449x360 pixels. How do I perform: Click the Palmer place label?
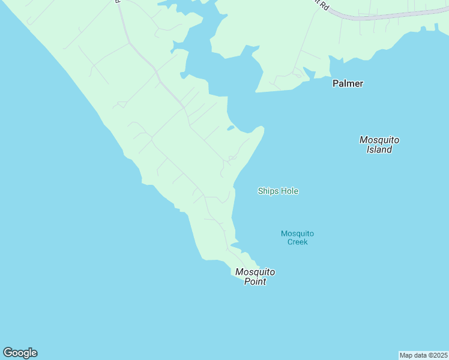pyautogui.click(x=348, y=83)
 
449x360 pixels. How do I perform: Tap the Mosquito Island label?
pyautogui.click(x=379, y=145)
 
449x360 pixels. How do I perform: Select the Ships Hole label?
pyautogui.click(x=278, y=191)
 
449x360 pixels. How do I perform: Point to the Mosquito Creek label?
pyautogui.click(x=297, y=238)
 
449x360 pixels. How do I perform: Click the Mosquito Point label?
pyautogui.click(x=255, y=276)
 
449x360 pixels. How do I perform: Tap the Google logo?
pyautogui.click(x=20, y=353)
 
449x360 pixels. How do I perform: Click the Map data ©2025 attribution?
pyautogui.click(x=423, y=355)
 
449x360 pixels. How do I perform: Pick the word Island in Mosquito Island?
pyautogui.click(x=379, y=149)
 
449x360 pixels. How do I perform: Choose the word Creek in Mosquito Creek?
pyautogui.click(x=297, y=242)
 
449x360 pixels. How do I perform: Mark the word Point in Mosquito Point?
pyautogui.click(x=255, y=281)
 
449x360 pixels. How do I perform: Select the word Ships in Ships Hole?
pyautogui.click(x=267, y=191)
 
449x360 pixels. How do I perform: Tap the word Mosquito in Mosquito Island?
pyautogui.click(x=379, y=140)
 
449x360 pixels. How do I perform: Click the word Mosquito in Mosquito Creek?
pyautogui.click(x=297, y=233)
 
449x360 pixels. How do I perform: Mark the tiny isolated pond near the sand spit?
pyautogui.click(x=231, y=128)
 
